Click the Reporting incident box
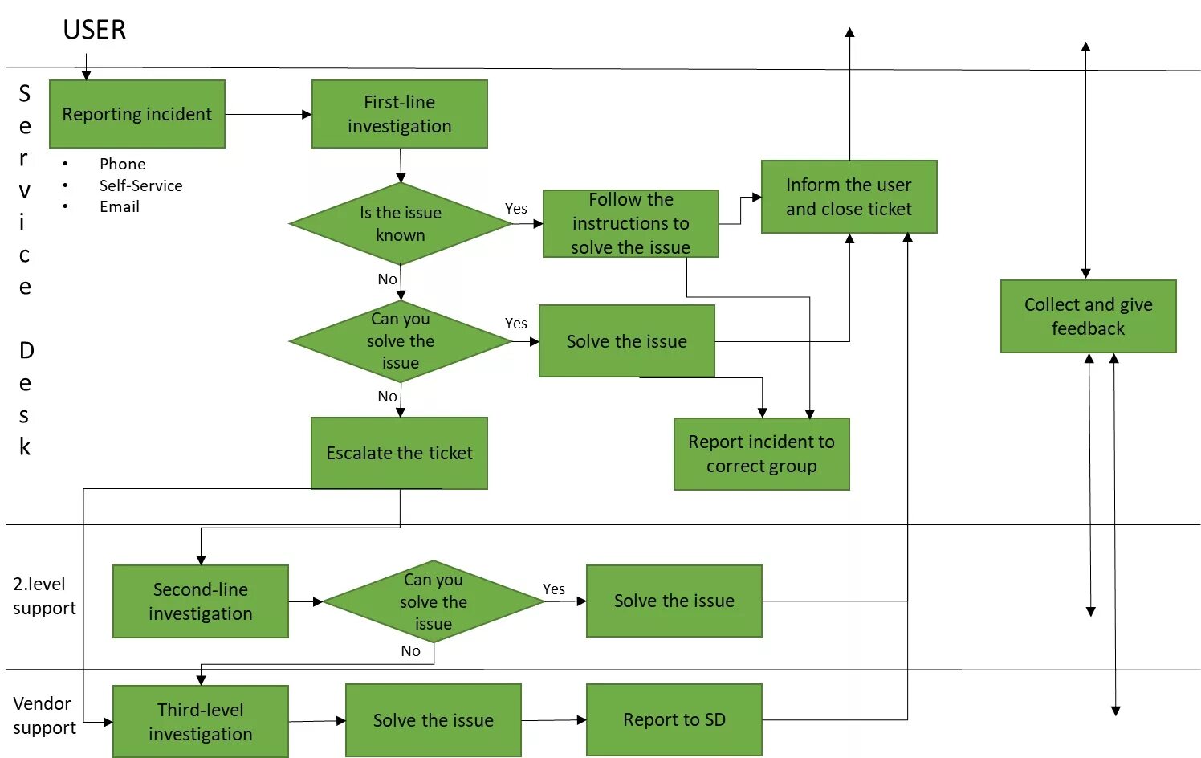(x=136, y=114)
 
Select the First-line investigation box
(x=399, y=114)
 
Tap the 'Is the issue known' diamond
(x=400, y=224)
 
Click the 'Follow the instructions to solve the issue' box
(x=630, y=223)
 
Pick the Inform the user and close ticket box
(x=849, y=197)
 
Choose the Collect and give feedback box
(x=1088, y=316)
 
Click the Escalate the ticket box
(x=399, y=453)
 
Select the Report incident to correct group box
(x=761, y=454)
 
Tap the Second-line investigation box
(x=200, y=601)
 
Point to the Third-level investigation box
(x=200, y=721)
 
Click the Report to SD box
(x=674, y=719)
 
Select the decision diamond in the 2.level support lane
(x=434, y=601)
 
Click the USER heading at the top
(x=95, y=31)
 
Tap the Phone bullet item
(x=122, y=164)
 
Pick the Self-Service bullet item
(x=140, y=185)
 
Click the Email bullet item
(x=119, y=206)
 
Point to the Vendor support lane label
(x=44, y=715)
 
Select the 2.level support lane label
(x=44, y=596)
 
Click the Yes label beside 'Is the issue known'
(x=515, y=209)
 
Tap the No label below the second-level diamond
(x=410, y=651)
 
